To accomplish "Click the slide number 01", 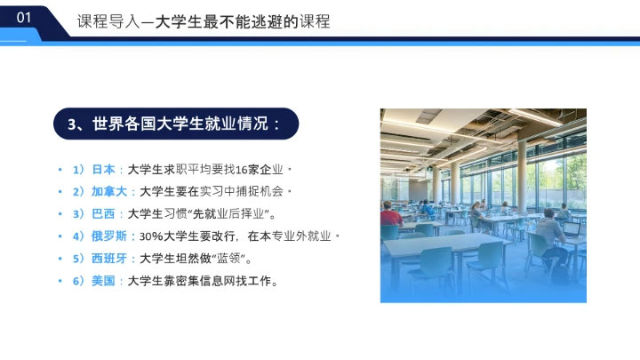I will pos(24,17).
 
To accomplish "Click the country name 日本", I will pos(103,169).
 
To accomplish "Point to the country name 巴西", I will pos(103,213).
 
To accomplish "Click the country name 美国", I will pos(103,282).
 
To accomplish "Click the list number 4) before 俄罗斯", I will pos(78,236).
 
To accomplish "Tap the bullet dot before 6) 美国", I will pos(60,282).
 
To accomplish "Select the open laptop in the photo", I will pos(570,230).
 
